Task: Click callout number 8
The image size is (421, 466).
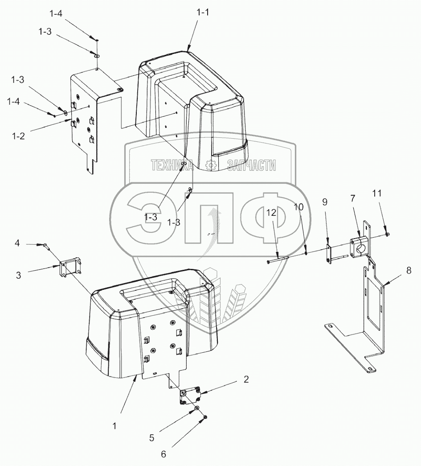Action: [x=413, y=270]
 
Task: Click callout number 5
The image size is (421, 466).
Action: [x=152, y=437]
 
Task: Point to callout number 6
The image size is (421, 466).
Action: [x=163, y=454]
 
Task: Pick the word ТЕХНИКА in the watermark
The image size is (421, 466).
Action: [x=172, y=166]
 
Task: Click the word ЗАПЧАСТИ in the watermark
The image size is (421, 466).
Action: [x=251, y=166]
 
